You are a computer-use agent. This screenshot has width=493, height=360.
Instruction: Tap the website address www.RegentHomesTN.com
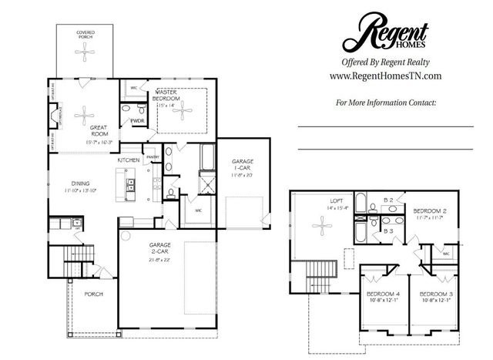coord(384,76)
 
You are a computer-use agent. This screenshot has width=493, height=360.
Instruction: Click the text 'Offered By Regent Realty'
coord(384,62)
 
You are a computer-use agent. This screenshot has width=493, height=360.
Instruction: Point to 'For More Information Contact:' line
coord(386,102)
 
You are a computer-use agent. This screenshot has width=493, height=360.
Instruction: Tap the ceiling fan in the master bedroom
coord(180,110)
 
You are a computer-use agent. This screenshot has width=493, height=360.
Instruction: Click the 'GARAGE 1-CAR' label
coord(243,165)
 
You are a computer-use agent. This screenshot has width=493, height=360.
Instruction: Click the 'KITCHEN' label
coord(129,160)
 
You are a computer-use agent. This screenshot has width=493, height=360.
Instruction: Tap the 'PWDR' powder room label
coord(138,121)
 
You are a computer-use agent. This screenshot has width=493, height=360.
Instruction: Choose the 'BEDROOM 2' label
coord(429,210)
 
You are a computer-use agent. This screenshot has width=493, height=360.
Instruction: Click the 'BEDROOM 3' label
coord(435,295)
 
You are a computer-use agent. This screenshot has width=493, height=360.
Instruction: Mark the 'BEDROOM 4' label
coord(383,295)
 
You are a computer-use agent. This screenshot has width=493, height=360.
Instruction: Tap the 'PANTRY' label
coord(153,156)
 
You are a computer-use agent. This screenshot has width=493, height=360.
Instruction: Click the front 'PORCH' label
coord(93,294)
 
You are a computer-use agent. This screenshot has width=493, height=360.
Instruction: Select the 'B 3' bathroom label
coord(390,230)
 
